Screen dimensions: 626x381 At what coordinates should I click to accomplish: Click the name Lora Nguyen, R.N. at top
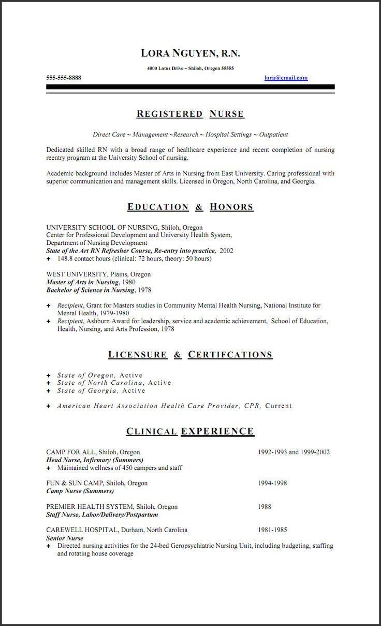coord(190,53)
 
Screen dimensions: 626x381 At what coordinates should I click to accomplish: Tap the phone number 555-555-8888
coord(64,78)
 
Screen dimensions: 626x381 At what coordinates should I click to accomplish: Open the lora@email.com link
coord(286,78)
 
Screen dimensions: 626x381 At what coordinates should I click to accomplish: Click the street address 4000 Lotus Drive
coord(165,68)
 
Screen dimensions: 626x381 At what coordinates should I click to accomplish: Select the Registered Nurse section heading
coord(190,114)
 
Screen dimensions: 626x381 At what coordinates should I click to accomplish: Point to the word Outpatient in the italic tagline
coord(273,134)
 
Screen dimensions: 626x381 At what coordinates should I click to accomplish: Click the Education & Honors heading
coord(190,207)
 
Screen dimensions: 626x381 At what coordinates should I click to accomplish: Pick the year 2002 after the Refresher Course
coord(226,251)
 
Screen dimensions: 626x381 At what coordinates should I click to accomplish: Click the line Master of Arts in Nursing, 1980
coord(91,282)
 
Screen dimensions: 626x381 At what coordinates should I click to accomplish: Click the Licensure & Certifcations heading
coord(190,355)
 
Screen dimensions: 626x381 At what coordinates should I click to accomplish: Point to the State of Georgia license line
coord(101,391)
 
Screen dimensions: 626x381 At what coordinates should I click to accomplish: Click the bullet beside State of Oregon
coord(49,375)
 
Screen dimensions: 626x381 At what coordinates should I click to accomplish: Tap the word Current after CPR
coord(279,406)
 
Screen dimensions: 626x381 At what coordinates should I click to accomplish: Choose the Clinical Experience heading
coord(190,431)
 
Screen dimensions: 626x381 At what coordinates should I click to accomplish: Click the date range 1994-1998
coord(272,483)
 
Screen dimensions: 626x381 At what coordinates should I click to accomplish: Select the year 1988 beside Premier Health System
coord(265,507)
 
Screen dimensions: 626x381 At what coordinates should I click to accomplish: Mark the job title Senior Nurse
coord(65,538)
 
